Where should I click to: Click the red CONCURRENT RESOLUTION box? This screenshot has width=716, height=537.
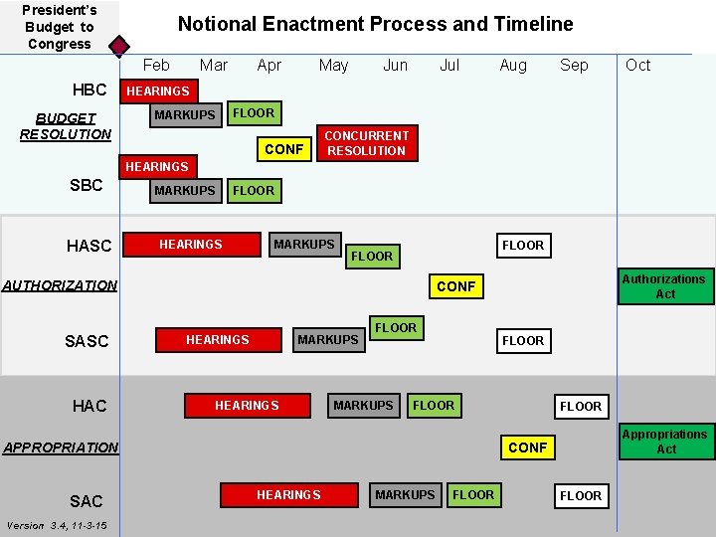click(x=366, y=143)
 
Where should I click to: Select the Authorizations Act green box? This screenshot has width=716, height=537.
click(x=665, y=286)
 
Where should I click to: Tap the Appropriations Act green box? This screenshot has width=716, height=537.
click(x=665, y=442)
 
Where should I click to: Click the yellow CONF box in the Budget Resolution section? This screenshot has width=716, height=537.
click(x=283, y=149)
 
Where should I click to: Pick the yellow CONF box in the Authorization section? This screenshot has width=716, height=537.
click(x=455, y=286)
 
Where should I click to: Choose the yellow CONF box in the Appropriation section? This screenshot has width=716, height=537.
click(x=527, y=447)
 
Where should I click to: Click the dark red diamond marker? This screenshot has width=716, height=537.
click(x=118, y=46)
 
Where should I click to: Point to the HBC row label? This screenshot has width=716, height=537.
click(x=89, y=89)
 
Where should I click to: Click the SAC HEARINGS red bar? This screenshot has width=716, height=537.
click(x=288, y=494)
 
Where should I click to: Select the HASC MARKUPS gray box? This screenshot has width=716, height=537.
click(x=304, y=244)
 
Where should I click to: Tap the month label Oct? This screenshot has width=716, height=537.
click(x=637, y=65)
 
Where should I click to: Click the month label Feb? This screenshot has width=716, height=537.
click(x=156, y=65)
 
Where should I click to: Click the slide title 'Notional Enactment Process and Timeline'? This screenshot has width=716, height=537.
click(x=375, y=24)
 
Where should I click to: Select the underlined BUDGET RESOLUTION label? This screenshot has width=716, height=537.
click(x=66, y=125)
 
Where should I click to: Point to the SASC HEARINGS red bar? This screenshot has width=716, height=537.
click(x=217, y=340)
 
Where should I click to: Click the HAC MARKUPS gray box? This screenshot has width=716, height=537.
click(x=363, y=405)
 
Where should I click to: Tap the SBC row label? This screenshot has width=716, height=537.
click(x=87, y=186)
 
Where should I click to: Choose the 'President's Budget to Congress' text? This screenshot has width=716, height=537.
click(x=59, y=27)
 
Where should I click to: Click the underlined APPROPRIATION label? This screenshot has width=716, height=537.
click(x=60, y=447)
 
